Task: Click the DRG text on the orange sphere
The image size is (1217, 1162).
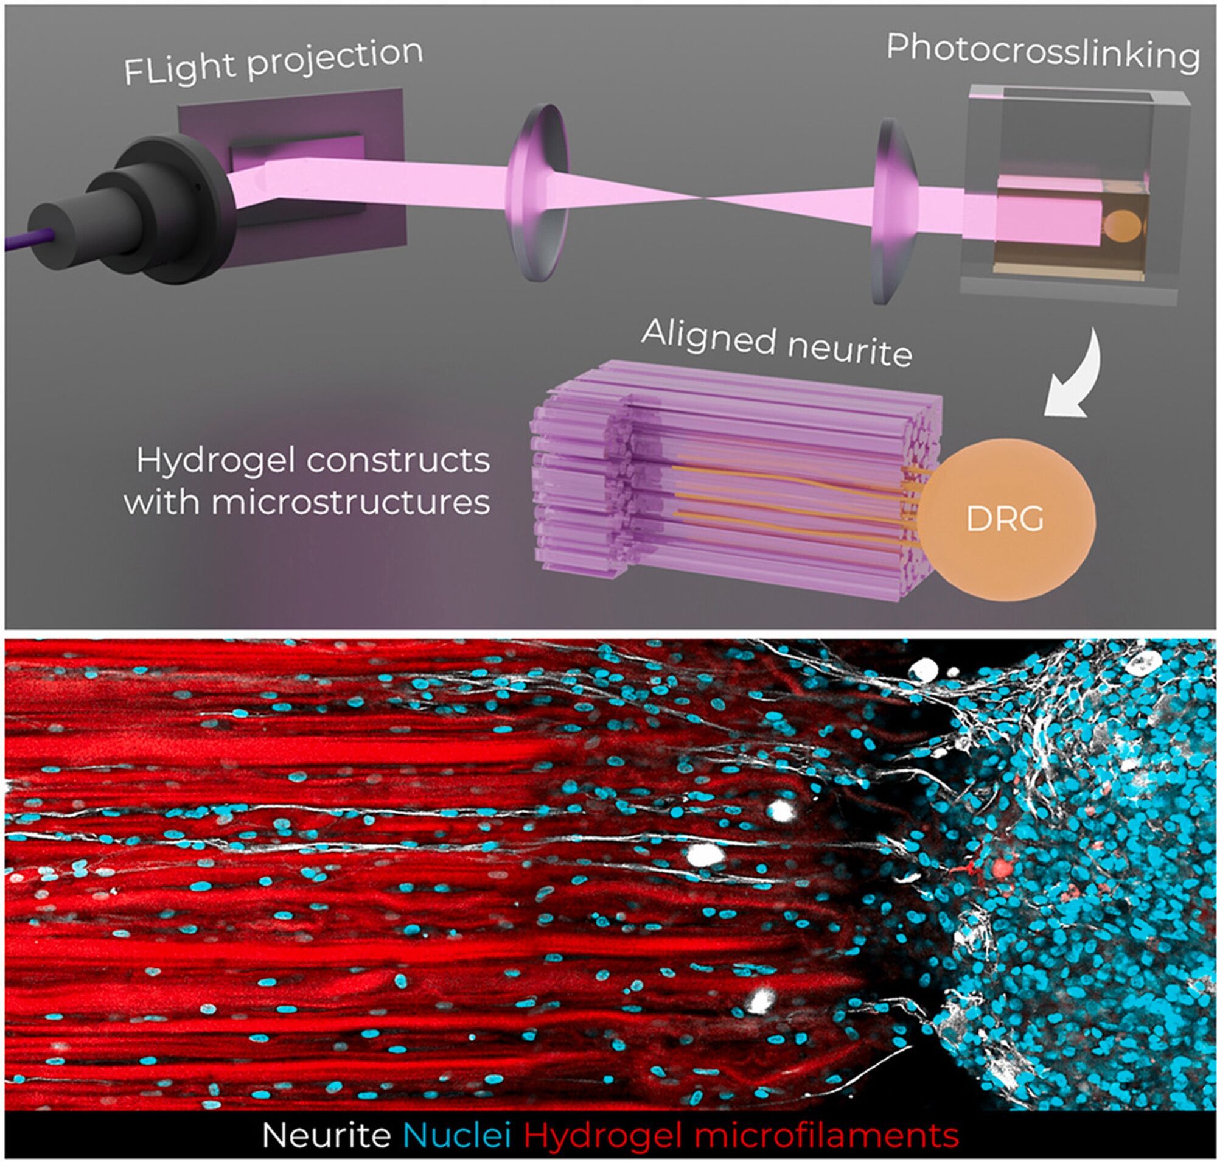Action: pos(1005,519)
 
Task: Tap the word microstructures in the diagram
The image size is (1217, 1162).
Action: pos(350,502)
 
